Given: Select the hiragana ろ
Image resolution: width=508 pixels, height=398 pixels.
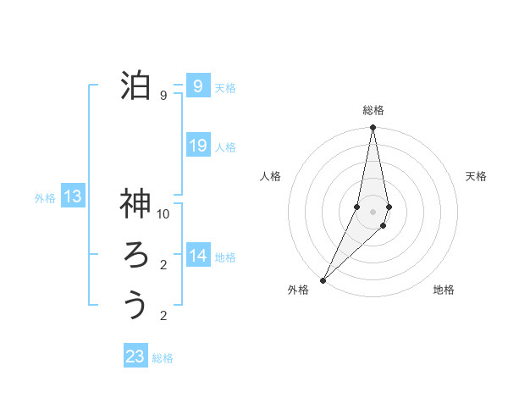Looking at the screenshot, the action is pos(135,255).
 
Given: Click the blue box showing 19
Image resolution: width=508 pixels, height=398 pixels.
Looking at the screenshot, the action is pos(197,146).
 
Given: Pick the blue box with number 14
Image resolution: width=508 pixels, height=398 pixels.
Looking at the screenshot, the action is pos(198,256).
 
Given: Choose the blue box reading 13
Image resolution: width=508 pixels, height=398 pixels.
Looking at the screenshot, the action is pos(73,197).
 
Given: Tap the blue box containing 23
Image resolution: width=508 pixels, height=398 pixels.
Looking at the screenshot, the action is pos(135,357).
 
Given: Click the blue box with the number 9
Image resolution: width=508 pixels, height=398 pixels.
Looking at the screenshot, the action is pos(197,86).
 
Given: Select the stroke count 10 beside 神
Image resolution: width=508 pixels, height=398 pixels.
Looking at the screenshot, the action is pos(163,213).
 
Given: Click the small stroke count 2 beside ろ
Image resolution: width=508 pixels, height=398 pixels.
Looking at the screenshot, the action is pos(163,265).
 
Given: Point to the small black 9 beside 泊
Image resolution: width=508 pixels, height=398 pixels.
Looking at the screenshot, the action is pos(163,96).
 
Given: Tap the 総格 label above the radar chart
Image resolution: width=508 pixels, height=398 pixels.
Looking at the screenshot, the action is pos(373,110).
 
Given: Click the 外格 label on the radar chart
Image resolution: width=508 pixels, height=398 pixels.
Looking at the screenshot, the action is pos(298,290).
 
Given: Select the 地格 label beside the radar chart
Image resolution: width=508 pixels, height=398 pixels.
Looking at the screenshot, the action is pos(444,290).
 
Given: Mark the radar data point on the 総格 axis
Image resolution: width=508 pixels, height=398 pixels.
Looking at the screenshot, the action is pos(373,129).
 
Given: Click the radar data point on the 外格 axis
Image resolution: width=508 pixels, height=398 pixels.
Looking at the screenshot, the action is pos(323,280).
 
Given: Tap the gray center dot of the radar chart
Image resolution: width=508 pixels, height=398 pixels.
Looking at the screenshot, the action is pos(373,212).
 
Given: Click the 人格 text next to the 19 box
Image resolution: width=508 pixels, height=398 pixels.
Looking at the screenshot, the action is pos(225,147).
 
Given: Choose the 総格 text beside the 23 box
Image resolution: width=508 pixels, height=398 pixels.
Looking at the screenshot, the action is pos(163,358).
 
